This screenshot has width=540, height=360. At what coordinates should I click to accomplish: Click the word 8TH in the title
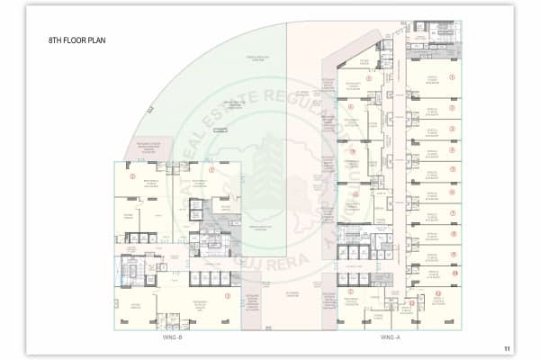tap(56, 40)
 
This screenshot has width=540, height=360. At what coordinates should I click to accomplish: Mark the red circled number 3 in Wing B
tap(227, 295)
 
